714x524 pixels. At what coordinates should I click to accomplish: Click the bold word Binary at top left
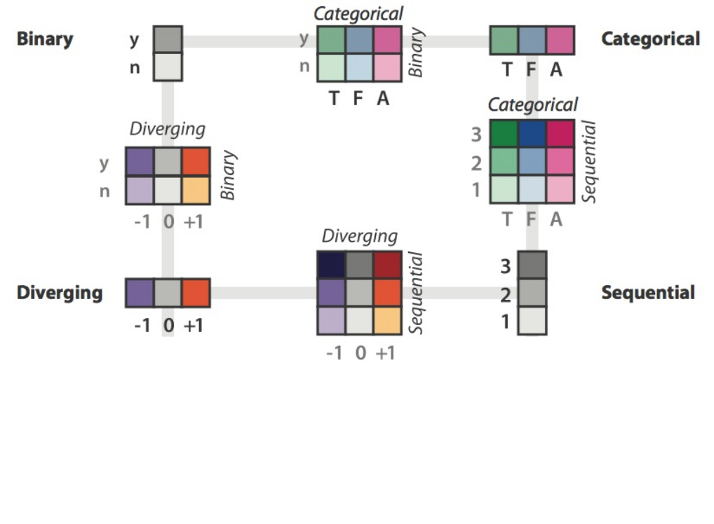click(x=45, y=39)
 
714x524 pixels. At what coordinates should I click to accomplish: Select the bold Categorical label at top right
click(x=650, y=39)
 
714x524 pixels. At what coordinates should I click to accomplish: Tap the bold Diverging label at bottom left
click(x=60, y=293)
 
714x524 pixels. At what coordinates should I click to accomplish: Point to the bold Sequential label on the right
click(x=648, y=293)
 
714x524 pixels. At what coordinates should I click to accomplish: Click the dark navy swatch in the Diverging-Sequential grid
click(x=331, y=265)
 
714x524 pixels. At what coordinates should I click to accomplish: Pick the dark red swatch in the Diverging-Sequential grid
click(x=387, y=265)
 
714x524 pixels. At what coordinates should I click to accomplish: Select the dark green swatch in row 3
click(x=504, y=134)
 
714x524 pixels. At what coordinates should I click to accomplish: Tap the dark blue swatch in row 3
click(x=532, y=134)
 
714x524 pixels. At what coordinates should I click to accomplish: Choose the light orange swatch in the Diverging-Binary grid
click(x=196, y=189)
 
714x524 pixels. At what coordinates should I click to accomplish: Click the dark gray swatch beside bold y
click(x=168, y=39)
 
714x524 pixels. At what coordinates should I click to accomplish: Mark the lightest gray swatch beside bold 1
click(x=532, y=321)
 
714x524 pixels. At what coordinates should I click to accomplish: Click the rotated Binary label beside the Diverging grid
click(x=228, y=175)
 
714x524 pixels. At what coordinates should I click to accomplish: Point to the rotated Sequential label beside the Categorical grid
click(x=590, y=162)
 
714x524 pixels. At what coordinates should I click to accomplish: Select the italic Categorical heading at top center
click(x=358, y=13)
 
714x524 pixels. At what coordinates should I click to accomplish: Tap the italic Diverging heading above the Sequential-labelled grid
click(x=359, y=236)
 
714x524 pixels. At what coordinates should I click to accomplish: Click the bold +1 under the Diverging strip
click(x=194, y=326)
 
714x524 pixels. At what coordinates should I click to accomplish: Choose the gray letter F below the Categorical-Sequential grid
click(x=531, y=219)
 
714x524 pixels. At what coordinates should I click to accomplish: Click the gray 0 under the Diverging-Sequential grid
click(x=359, y=352)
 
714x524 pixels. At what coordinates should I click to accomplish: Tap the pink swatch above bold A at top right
click(x=560, y=40)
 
